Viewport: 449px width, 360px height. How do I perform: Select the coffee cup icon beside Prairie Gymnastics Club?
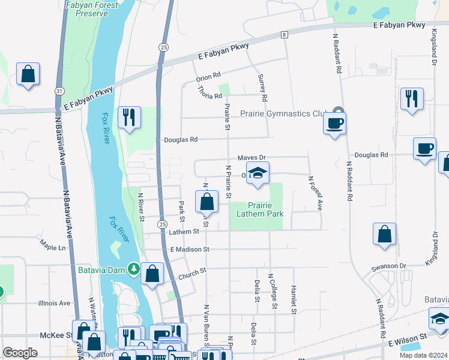click(334, 124)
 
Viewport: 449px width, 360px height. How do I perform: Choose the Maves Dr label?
click(252, 158)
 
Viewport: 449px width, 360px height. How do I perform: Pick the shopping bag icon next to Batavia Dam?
click(153, 274)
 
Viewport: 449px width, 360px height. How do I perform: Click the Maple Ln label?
click(52, 247)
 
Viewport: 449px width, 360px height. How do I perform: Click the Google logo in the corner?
click(20, 353)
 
